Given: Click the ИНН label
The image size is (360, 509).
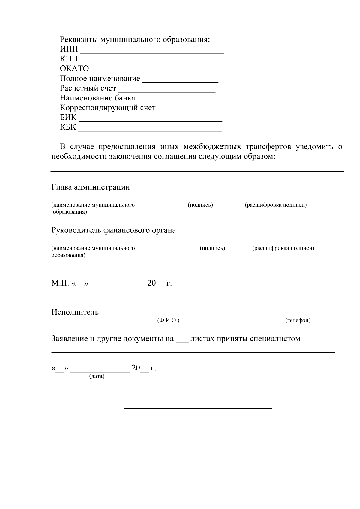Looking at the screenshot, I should click(x=69, y=49).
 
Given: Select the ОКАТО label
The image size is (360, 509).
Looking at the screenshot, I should click(x=74, y=69).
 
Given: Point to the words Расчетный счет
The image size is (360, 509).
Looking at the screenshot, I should click(x=88, y=88).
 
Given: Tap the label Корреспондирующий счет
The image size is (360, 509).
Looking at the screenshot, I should click(x=108, y=108).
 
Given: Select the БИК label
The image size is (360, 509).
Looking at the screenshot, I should click(x=68, y=117).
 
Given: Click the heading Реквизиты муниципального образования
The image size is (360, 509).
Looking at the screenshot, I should click(x=135, y=40).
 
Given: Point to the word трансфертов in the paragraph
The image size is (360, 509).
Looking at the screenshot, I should click(x=268, y=147).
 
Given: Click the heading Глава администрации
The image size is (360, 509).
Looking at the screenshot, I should click(x=91, y=187).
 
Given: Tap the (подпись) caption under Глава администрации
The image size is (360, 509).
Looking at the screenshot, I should click(x=200, y=205).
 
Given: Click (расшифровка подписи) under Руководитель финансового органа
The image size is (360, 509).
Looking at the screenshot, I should click(x=283, y=248).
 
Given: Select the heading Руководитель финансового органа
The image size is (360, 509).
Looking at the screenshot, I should click(x=113, y=230).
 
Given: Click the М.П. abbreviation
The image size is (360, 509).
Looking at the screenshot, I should click(x=60, y=283).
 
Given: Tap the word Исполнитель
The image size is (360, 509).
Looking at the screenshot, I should click(x=75, y=312).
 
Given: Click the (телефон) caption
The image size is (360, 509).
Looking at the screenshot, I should click(x=298, y=321).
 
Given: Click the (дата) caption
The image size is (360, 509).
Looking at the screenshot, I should click(x=97, y=376).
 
